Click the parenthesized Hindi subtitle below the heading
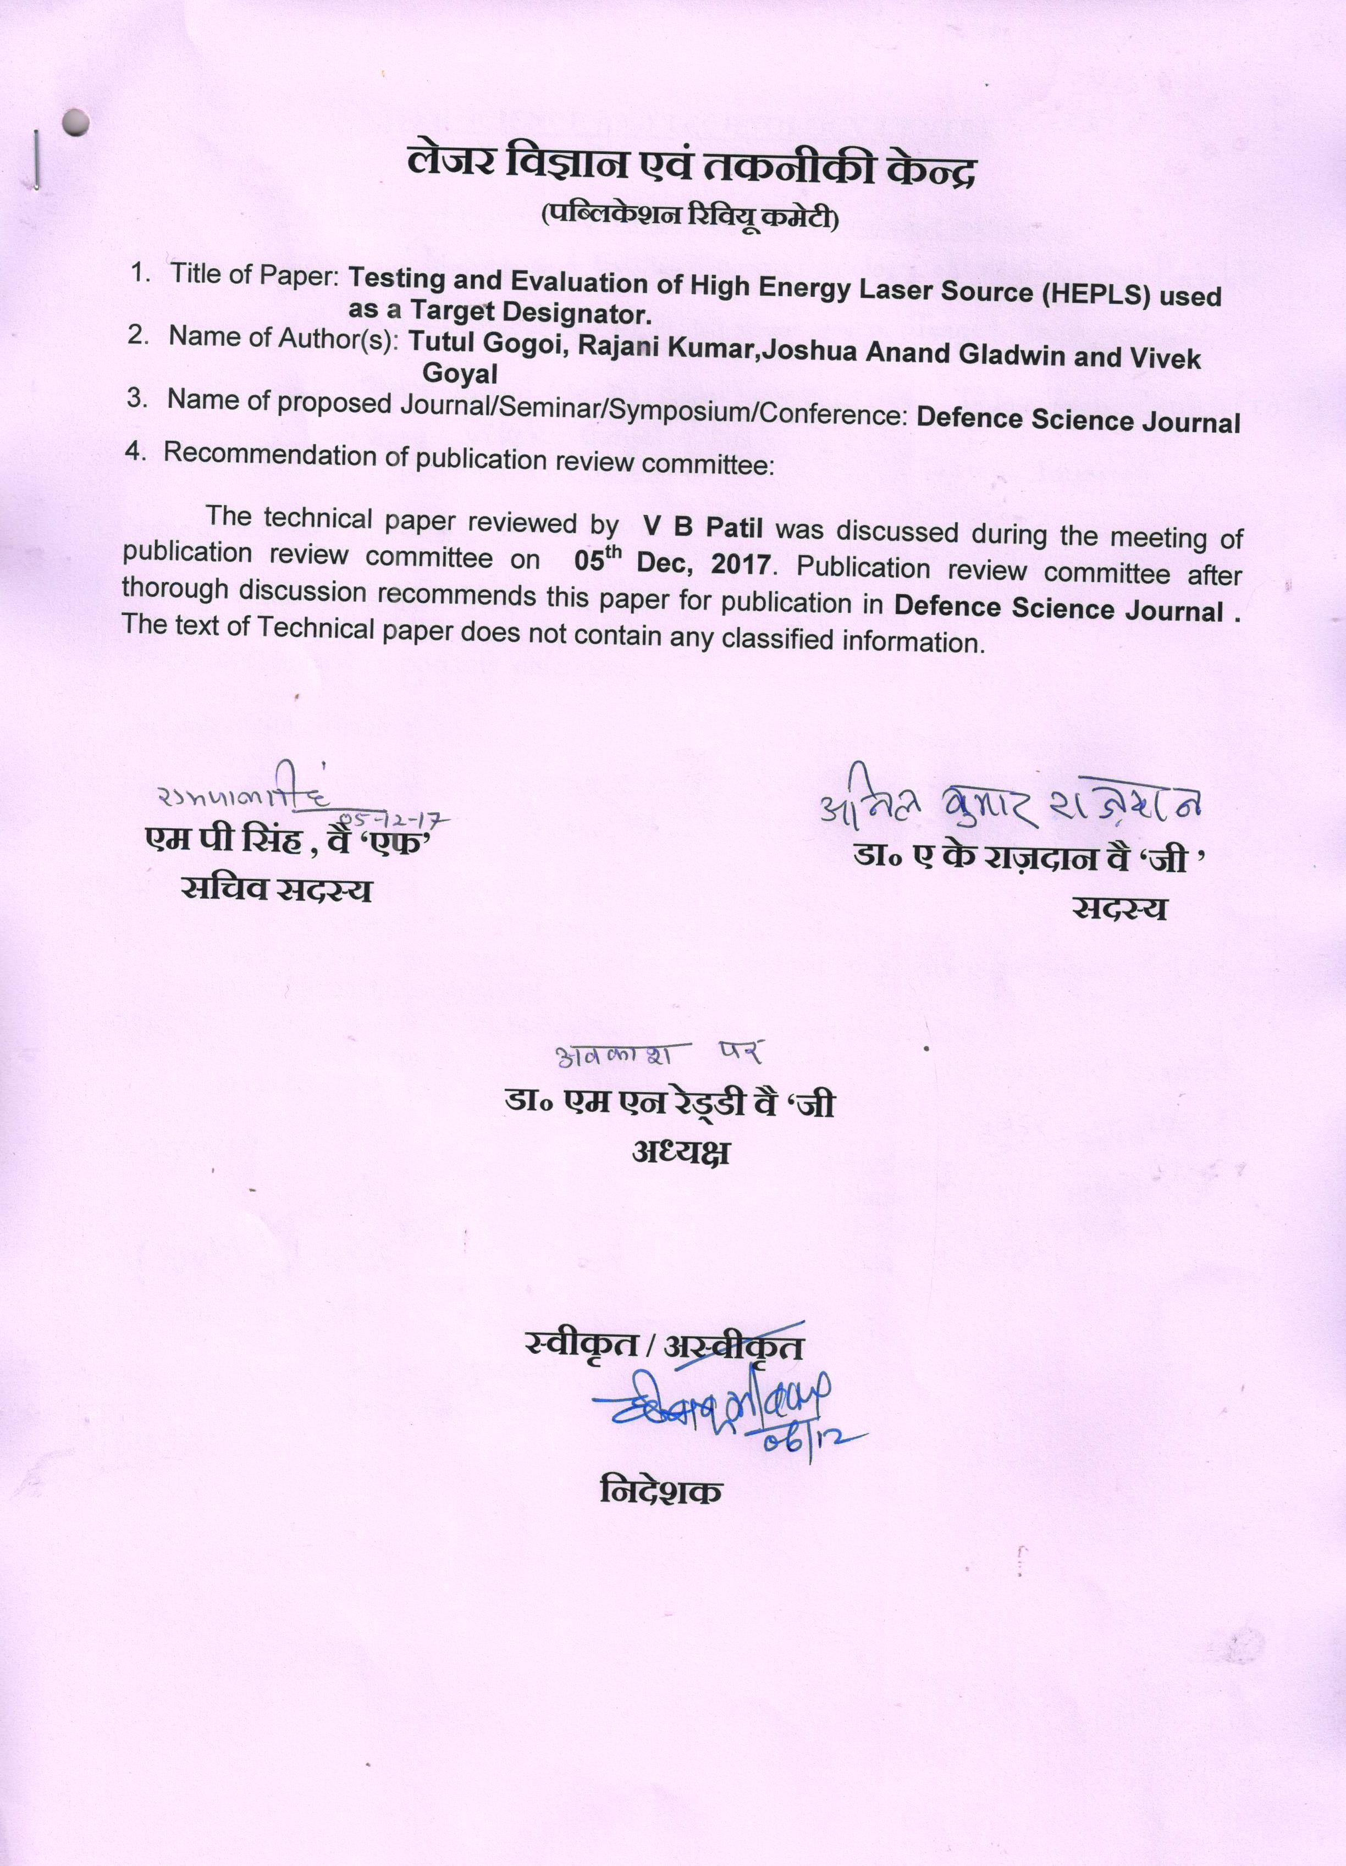pyautogui.click(x=690, y=218)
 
